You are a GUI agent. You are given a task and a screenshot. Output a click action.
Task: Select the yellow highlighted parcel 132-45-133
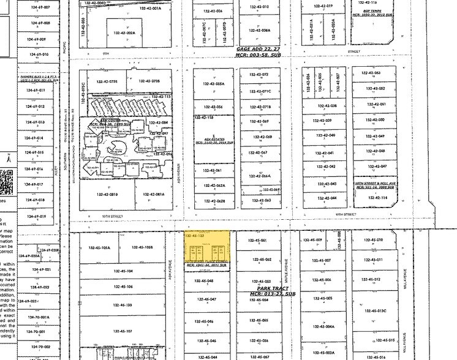click(x=209, y=249)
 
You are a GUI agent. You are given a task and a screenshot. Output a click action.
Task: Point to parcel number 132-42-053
click(x=372, y=73)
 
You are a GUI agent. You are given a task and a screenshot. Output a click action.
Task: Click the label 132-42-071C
click(x=262, y=92)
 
